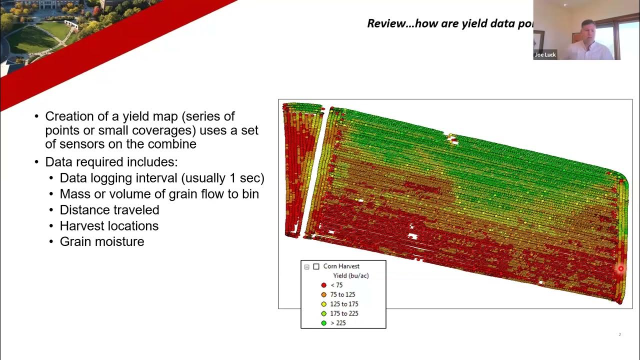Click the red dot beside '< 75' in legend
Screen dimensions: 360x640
(x=323, y=285)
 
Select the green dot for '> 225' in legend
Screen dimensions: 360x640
(x=323, y=323)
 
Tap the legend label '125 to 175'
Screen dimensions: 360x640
(x=344, y=304)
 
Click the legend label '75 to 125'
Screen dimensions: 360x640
(x=342, y=294)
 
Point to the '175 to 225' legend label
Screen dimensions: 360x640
(x=344, y=313)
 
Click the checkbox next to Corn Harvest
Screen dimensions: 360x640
(x=316, y=266)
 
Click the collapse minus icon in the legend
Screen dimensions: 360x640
(x=307, y=266)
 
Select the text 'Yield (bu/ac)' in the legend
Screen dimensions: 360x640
(x=351, y=275)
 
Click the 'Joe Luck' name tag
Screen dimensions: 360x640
(x=545, y=55)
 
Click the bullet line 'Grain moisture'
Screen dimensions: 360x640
(x=102, y=241)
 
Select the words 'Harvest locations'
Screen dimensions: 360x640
(x=109, y=226)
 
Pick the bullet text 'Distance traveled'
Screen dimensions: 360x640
(x=109, y=210)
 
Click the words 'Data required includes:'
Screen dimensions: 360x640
(x=111, y=162)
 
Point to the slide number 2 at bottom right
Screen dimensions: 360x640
(x=619, y=334)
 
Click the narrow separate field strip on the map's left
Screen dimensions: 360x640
(x=300, y=165)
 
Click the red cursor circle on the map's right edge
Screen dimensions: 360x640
(x=620, y=268)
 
